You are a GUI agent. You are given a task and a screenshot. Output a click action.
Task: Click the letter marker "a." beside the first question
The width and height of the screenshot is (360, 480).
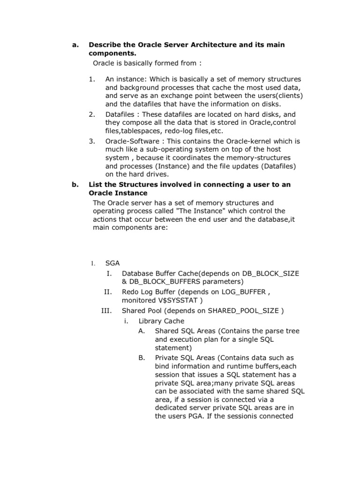[x=74, y=45]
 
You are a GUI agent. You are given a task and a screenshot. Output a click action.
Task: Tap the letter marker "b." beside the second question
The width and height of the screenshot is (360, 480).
[x=74, y=185]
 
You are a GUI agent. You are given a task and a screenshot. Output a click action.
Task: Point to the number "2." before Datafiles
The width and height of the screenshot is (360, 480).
[x=92, y=114]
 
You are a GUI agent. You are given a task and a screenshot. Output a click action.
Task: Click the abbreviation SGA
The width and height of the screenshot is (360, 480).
[x=113, y=264]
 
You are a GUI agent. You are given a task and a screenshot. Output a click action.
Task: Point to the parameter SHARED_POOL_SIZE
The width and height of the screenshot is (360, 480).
[x=243, y=311]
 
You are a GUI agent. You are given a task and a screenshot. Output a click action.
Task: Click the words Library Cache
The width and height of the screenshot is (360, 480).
[x=161, y=321]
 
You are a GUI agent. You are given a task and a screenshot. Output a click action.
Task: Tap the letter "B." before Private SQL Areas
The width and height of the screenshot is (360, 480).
[x=142, y=358]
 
